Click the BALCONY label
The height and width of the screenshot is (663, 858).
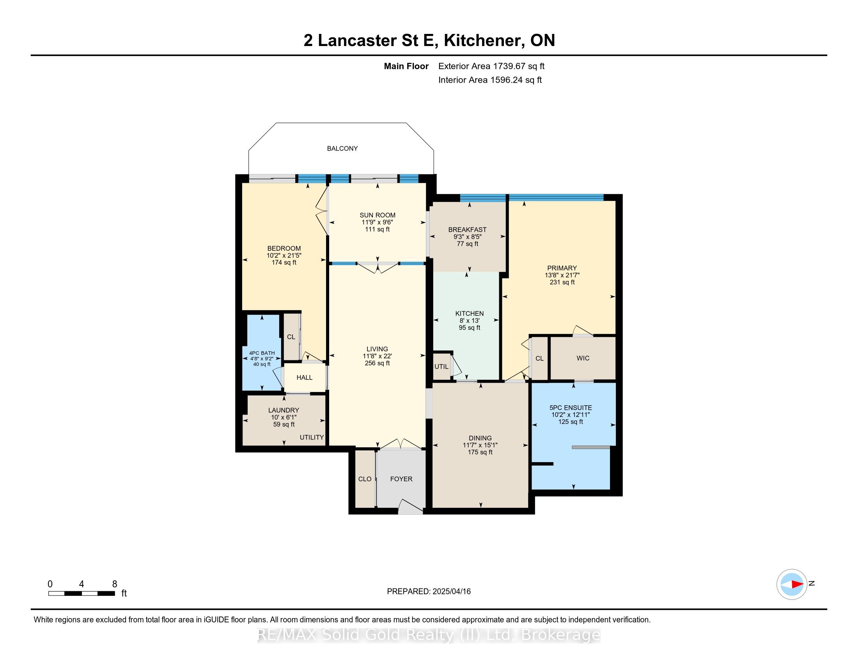point(342,149)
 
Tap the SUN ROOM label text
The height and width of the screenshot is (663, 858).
point(377,215)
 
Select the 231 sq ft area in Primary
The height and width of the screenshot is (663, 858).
point(562,282)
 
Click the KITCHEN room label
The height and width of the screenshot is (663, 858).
point(469,314)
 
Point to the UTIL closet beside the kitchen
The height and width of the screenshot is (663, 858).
point(441,367)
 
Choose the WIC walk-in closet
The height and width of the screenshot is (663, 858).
point(583,358)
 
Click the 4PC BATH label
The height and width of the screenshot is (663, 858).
point(262,353)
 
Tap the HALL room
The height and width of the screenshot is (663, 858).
point(305,378)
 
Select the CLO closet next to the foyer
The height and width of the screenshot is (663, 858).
point(365,479)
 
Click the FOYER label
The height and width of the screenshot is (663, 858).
point(401,479)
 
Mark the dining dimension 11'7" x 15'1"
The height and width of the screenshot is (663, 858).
point(480,445)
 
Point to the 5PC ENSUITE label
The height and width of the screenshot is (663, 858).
point(571,408)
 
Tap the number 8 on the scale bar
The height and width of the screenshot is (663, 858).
point(115,584)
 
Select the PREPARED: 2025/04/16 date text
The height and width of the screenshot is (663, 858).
point(429,591)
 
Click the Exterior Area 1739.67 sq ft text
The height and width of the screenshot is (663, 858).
point(491,66)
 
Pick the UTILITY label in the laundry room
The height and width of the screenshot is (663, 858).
point(312,437)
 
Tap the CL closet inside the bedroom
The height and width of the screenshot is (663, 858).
point(291,337)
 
